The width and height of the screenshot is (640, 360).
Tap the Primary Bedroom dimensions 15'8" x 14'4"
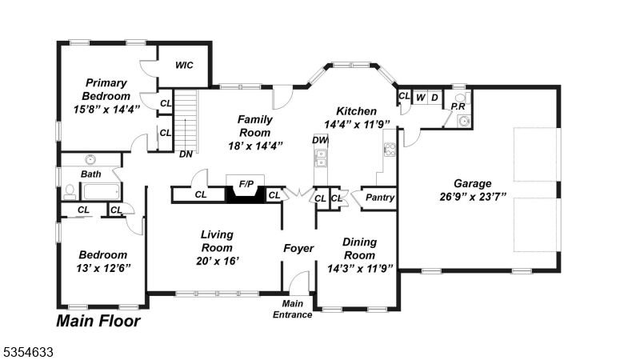tap(106, 109)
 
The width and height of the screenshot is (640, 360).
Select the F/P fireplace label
tap(246, 184)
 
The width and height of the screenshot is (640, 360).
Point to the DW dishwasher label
tap(320, 140)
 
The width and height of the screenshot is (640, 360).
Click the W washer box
tap(420, 98)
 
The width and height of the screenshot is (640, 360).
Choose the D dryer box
tap(434, 98)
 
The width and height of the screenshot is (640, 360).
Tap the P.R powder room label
tap(458, 106)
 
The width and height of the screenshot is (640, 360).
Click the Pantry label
tap(380, 198)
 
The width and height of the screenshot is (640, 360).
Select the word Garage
tap(473, 183)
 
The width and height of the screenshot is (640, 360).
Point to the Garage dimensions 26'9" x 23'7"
tap(473, 197)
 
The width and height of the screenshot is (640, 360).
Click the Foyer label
tap(298, 248)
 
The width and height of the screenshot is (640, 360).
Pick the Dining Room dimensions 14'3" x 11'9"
tap(359, 269)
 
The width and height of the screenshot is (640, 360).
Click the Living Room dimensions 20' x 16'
tap(217, 261)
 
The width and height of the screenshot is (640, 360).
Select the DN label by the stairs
tap(186, 154)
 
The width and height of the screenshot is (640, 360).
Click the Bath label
tap(90, 174)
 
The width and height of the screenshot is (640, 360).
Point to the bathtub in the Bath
tap(101, 191)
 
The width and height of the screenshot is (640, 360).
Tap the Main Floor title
tap(98, 322)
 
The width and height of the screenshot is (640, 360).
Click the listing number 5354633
tap(29, 350)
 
